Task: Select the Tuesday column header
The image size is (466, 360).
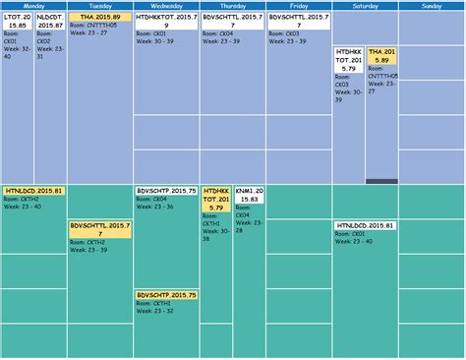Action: [x=99, y=6]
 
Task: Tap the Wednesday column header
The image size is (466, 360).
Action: [x=166, y=6]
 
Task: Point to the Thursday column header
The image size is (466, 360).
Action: [x=232, y=6]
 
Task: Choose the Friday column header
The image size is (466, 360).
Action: [x=299, y=6]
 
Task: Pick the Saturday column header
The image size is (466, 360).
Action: [x=365, y=6]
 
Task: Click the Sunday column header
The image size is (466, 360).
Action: [x=432, y=6]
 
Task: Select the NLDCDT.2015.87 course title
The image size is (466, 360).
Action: [x=50, y=21]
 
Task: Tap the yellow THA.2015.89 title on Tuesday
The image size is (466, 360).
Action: [x=99, y=18]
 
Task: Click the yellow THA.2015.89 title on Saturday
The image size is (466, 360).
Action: [x=382, y=57]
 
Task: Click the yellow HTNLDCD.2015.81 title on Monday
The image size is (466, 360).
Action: [x=34, y=190]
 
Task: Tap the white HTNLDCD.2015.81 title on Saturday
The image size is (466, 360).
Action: [x=366, y=225]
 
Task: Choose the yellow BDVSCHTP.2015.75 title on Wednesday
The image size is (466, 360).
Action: [x=166, y=294]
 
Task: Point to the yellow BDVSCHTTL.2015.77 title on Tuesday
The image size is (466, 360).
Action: [x=99, y=229]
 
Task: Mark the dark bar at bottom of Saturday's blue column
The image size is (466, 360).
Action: [x=382, y=181]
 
